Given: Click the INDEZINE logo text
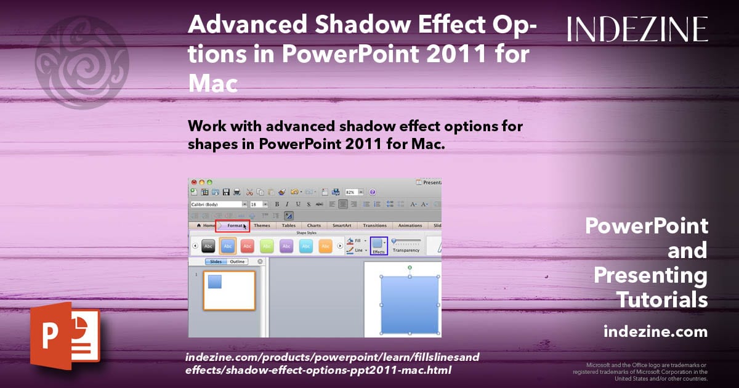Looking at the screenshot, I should click(x=637, y=29).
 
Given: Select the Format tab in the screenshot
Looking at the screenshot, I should click(x=235, y=226).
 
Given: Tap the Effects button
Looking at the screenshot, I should click(x=379, y=246).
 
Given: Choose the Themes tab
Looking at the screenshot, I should click(x=262, y=226).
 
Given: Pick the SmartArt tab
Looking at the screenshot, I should click(x=341, y=226).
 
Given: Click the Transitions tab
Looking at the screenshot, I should click(x=374, y=226).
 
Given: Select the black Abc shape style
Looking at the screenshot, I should click(x=209, y=246).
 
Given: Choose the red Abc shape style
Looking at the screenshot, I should click(x=247, y=246).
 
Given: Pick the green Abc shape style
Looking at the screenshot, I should click(x=267, y=246).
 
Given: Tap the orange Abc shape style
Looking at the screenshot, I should click(x=325, y=246).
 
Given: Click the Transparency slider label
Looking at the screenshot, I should click(x=406, y=250).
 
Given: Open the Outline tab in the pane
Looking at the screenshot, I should click(x=237, y=262).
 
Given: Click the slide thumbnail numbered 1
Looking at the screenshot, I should click(x=229, y=290).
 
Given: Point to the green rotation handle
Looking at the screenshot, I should click(x=410, y=267).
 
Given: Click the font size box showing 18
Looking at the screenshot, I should click(x=255, y=204).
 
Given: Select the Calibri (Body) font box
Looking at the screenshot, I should click(x=216, y=204).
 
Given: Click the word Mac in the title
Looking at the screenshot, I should click(x=212, y=83).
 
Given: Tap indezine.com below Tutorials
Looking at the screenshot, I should click(x=655, y=332).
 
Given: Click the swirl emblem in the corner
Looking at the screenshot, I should click(x=81, y=62).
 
